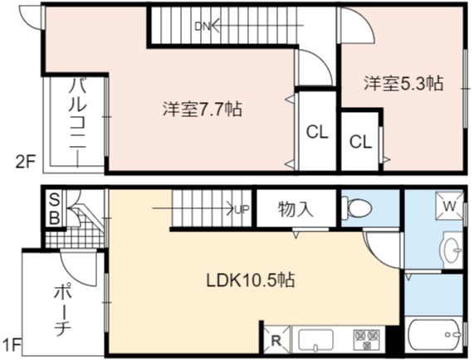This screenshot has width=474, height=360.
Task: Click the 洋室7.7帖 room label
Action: tap(203, 109)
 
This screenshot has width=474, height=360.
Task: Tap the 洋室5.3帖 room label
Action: tap(403, 83)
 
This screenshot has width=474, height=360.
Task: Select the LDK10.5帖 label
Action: tap(251, 280)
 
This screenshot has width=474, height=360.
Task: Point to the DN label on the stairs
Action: tap(203, 27)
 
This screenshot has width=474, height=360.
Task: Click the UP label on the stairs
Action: tap(242, 209)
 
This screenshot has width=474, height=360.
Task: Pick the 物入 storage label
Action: tap(296, 209)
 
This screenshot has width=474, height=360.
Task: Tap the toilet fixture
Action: tap(356, 207)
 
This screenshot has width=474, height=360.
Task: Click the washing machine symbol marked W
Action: tap(449, 207)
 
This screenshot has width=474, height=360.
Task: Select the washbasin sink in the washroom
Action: tap(452, 250)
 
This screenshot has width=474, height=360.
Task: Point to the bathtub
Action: tap(435, 334)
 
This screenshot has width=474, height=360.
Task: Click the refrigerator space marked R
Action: tap(276, 340)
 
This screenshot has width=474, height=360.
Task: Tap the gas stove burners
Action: tap(367, 338)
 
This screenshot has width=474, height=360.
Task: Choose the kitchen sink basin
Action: tap(315, 340)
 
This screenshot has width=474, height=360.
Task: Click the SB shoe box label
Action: tap(54, 209)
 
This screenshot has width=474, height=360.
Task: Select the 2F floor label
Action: tap(26, 163)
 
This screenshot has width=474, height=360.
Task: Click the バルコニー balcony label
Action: tap(78, 122)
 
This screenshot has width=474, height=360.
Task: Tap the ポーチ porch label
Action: tap(62, 309)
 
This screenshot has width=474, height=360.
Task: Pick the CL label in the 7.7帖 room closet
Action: tap(317, 132)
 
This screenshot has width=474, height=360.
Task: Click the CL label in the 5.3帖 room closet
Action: tap(360, 142)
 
